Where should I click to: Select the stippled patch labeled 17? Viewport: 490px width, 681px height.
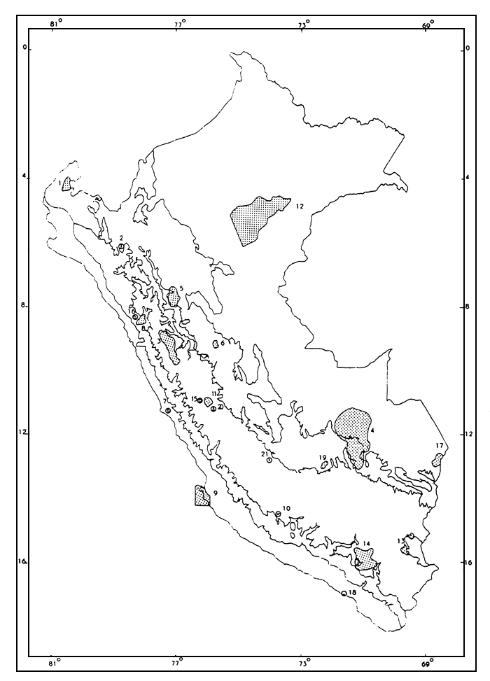[x=438, y=460]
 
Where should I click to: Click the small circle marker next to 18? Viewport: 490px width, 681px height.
[x=344, y=594]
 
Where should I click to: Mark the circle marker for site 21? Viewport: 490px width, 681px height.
[x=269, y=460]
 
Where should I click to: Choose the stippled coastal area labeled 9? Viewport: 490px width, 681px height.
[x=202, y=496]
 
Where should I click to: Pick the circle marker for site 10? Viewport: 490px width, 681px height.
[x=279, y=514]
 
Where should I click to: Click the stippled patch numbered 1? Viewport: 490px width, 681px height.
[x=66, y=185]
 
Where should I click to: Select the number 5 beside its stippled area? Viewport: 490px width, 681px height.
[x=181, y=288]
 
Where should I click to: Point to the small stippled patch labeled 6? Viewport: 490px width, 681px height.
[x=216, y=344]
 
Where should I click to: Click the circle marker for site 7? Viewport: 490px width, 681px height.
[x=168, y=411]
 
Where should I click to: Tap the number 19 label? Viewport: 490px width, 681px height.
[x=323, y=458]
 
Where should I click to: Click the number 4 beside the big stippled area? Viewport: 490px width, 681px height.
[x=373, y=430]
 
